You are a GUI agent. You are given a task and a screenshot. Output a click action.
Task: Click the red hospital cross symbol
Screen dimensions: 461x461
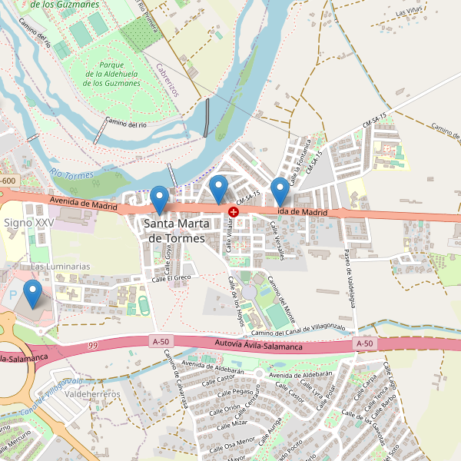point(234,211)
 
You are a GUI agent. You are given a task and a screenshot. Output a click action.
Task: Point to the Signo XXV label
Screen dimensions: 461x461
point(29,222)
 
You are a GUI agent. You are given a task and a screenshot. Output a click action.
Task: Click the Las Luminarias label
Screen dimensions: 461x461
point(60,266)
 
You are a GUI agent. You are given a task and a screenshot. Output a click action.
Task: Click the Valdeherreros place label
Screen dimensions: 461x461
point(94,393)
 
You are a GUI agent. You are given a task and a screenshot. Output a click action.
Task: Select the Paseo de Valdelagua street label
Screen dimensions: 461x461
point(349,277)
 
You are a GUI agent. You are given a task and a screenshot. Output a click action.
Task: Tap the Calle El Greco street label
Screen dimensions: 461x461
point(171,277)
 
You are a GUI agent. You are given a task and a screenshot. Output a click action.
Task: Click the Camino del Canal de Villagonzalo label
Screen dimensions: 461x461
point(297,329)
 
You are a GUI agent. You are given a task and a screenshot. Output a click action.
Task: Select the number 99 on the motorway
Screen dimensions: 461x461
point(93,346)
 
